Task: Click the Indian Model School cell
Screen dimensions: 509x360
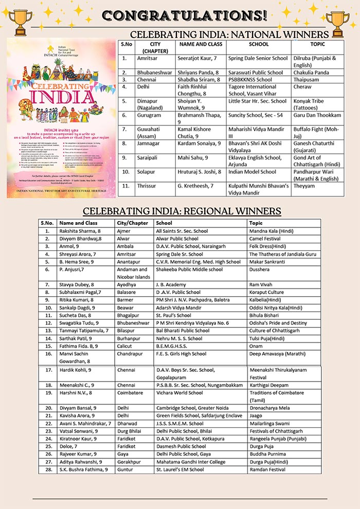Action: point(253,172)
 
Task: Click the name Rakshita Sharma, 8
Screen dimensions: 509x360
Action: point(81,231)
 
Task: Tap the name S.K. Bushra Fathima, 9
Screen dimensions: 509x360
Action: point(83,469)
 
